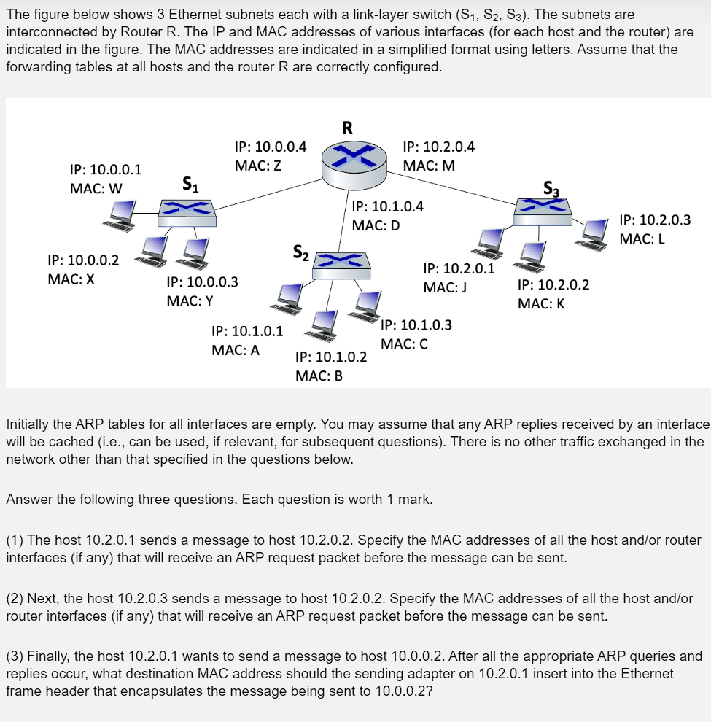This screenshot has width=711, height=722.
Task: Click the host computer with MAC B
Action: pos(323,325)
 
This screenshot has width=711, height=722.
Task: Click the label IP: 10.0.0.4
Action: pos(270,147)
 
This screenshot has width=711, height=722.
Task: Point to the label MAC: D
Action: pos(376,225)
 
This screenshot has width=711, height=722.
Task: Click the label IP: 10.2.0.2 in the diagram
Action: pos(553,284)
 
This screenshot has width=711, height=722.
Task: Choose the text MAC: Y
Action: pos(190,300)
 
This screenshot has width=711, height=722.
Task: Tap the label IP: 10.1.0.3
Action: pos(416,325)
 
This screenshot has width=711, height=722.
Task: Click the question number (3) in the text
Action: pos(14,656)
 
